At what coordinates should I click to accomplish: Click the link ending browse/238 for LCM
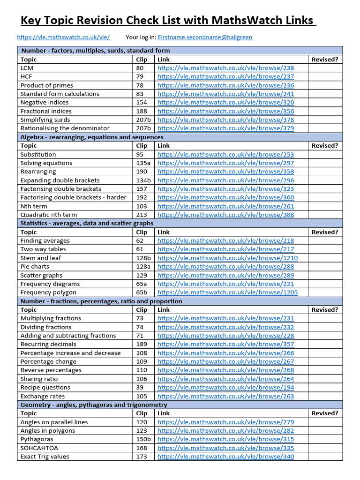tap(225, 68)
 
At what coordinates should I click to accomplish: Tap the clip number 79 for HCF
tap(140, 76)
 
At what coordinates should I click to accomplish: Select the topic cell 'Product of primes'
tap(46, 85)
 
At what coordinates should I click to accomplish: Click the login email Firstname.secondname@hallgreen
tap(205, 37)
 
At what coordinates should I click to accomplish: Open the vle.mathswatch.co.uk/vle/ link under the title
tap(63, 37)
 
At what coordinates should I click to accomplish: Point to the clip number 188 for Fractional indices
tap(142, 111)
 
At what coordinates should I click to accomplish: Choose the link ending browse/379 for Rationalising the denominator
tap(225, 128)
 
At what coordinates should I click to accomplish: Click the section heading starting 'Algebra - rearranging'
tap(92, 137)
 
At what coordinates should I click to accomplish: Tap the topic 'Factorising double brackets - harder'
tap(73, 197)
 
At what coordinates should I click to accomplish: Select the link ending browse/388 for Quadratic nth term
tap(225, 215)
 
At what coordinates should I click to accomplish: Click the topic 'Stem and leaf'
tap(41, 258)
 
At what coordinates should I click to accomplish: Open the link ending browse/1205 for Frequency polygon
tap(227, 292)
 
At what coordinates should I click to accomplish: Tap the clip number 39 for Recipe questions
tap(140, 387)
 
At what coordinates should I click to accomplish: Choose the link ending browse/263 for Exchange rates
tap(225, 396)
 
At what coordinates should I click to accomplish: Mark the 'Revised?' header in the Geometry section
tap(325, 413)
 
